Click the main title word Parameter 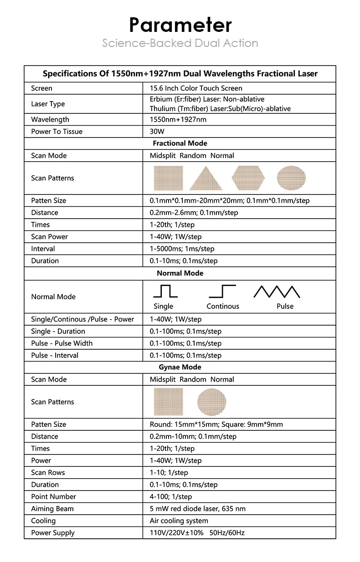point(180,25)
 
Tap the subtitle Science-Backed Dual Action point(180,43)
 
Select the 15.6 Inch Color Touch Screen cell point(196,88)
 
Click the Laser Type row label point(48,104)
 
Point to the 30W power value point(157,132)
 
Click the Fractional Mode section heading point(180,143)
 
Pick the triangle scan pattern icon point(206,178)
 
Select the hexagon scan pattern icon point(248,178)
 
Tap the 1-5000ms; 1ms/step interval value point(182,249)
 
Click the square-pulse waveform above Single point(165,291)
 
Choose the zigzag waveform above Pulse point(277,291)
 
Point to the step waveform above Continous point(222,291)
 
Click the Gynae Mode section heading point(180,367)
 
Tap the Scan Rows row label point(48,473)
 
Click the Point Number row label point(53,497)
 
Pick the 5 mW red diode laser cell point(197,509)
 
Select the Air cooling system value point(179,521)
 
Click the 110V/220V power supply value point(197,533)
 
